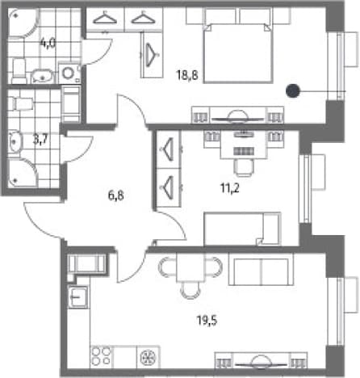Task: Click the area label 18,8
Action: tap(187, 75)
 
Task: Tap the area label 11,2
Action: tap(230, 188)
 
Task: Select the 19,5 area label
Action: tap(207, 321)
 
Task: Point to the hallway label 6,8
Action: tap(116, 195)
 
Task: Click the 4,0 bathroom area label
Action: tap(48, 43)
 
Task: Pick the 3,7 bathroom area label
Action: tap(40, 140)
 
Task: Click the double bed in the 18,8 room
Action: tap(238, 52)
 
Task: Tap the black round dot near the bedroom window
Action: tap(293, 90)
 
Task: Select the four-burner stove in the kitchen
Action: tap(101, 356)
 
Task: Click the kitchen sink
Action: tap(78, 297)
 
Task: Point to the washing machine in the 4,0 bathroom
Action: tap(69, 73)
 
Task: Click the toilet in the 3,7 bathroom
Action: tap(21, 103)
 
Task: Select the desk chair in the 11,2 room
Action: tap(244, 167)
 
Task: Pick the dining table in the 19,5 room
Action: tap(191, 267)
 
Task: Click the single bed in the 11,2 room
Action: tap(242, 229)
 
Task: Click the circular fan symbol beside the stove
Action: tap(149, 357)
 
